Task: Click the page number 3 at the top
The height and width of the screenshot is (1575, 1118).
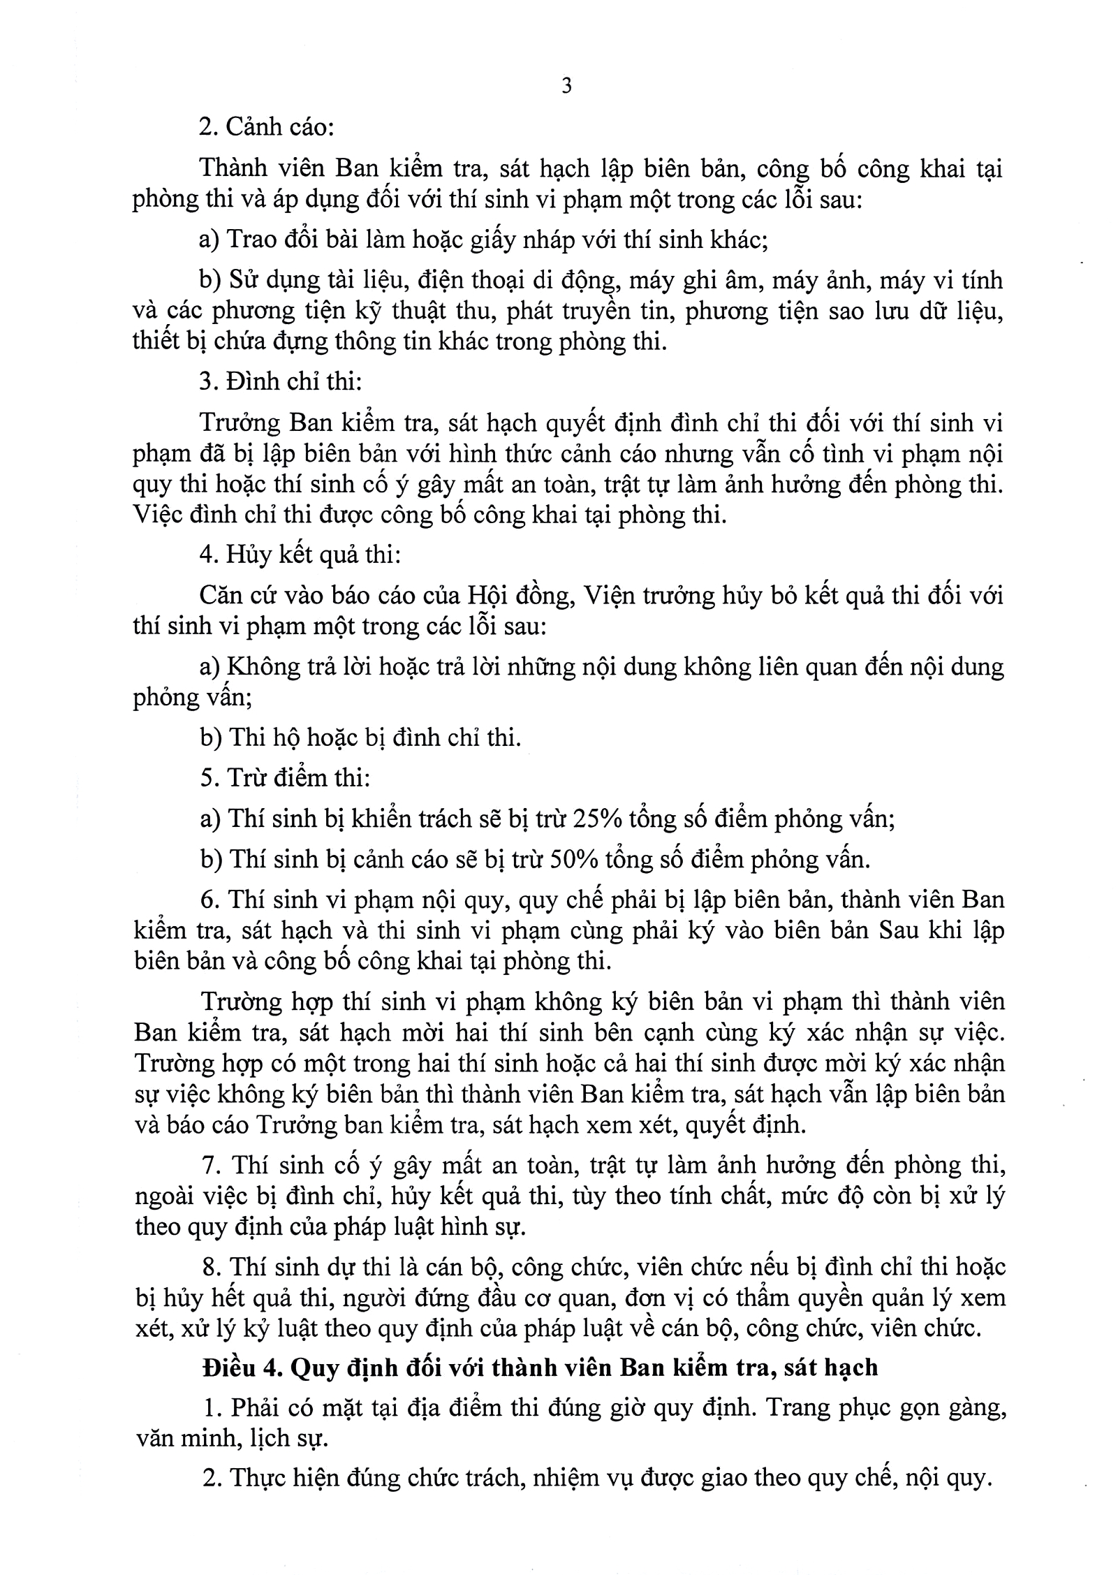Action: (566, 87)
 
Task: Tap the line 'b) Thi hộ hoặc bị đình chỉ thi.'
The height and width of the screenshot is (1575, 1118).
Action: (360, 738)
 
